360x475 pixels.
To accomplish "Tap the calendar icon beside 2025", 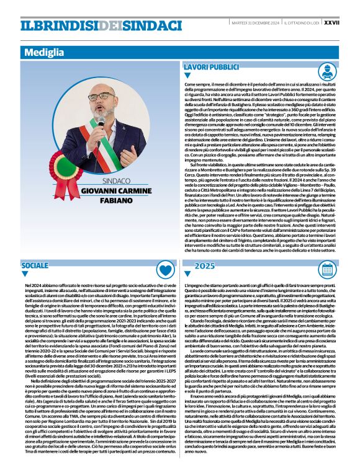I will click(x=345, y=269).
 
